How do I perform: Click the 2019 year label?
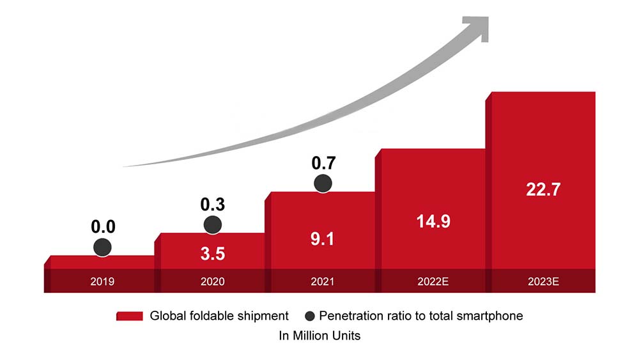102,281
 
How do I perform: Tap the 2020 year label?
213,281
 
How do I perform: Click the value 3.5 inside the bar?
213,254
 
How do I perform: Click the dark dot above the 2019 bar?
102,247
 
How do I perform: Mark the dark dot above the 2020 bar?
213,224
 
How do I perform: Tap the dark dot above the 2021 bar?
324,183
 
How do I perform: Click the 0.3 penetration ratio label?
213,205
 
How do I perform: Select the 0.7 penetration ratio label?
324,163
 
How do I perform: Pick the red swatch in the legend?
130,316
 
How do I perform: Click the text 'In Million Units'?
319,336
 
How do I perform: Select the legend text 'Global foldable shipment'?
219,316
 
